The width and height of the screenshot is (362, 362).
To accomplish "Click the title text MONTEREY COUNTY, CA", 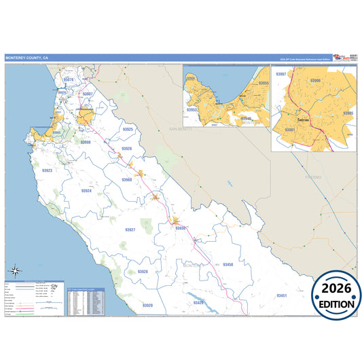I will click(27, 58).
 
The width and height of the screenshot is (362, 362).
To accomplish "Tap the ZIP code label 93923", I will click(48, 170).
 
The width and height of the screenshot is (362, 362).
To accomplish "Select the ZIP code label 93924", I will click(86, 191).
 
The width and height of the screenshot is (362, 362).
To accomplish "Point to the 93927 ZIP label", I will click(130, 230).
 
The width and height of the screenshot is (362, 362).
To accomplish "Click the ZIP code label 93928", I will click(142, 271).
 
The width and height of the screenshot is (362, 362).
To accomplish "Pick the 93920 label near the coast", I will click(147, 306).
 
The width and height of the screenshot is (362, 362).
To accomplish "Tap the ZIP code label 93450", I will click(228, 264).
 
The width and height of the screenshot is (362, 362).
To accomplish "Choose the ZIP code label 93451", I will click(282, 295).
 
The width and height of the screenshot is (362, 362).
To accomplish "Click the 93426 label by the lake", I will click(198, 302).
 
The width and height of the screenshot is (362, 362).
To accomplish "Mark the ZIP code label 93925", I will click(128, 129).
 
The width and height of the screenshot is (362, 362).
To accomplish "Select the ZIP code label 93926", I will click(126, 148).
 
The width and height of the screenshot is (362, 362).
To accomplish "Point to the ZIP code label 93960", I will click(127, 179).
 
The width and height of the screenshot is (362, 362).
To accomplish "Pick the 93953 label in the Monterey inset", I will click(192, 109).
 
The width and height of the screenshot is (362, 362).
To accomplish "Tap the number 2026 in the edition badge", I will click(337, 289).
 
